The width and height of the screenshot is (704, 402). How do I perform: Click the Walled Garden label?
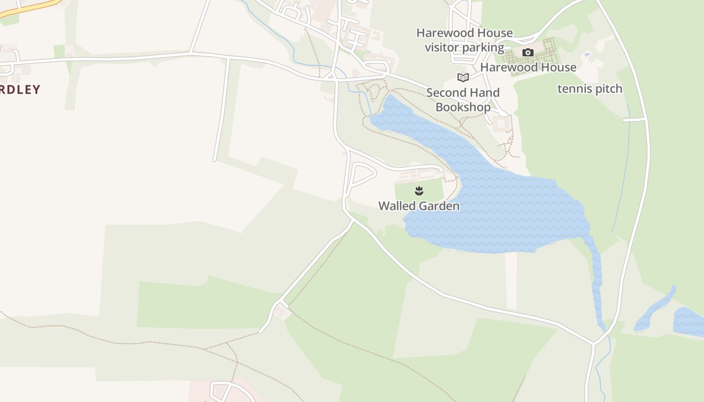(418, 206)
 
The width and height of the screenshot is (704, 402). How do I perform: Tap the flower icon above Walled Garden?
(419, 190)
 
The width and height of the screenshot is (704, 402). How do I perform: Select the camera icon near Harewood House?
(527, 52)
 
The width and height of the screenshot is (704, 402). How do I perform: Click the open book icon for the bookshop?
(463, 77)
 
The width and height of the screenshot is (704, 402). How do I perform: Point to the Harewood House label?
(528, 67)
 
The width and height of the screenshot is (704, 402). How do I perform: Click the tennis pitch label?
(590, 89)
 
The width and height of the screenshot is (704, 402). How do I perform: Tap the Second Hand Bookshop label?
(463, 99)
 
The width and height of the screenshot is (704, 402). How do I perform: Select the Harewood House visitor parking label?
(465, 40)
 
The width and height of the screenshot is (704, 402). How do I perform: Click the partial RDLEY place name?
(20, 89)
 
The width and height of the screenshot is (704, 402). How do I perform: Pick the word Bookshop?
(463, 107)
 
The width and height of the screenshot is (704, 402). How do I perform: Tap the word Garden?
(439, 206)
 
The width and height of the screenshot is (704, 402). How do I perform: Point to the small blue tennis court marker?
(587, 54)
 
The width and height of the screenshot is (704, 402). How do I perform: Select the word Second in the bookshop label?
(446, 93)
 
